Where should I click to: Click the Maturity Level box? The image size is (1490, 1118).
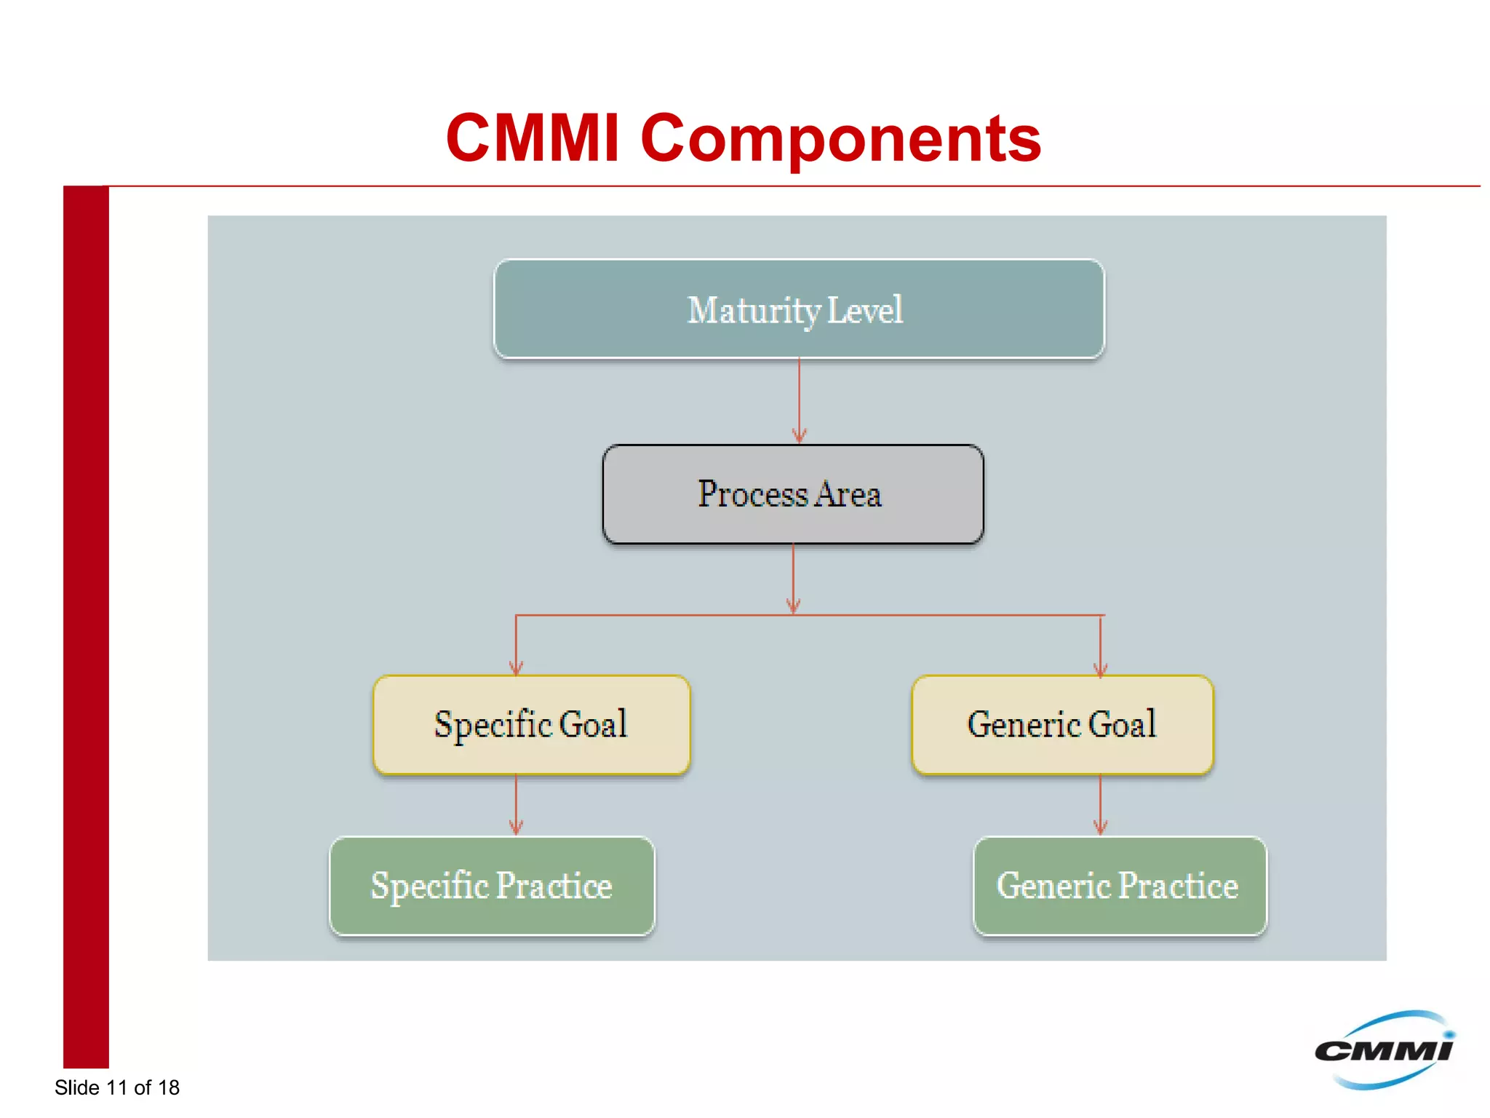tap(799, 309)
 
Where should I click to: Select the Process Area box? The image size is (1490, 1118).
tap(793, 494)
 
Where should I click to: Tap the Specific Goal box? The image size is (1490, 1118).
tap(531, 725)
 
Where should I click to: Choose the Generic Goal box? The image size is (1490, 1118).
tap(1062, 725)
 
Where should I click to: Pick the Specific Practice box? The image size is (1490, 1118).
tap(492, 886)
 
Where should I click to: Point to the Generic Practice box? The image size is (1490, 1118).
tap(1120, 886)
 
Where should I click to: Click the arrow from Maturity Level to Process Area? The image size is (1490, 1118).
tap(799, 400)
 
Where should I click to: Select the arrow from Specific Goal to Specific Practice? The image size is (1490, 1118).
tap(516, 804)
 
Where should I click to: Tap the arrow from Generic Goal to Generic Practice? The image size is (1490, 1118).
tap(1100, 804)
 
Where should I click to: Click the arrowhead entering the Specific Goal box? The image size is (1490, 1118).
tap(516, 667)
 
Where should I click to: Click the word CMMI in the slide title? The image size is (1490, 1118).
tap(532, 138)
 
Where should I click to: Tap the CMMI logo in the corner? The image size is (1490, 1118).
tap(1384, 1050)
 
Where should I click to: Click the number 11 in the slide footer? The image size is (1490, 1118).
tap(116, 1087)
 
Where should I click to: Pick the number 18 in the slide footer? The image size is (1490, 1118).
tap(168, 1087)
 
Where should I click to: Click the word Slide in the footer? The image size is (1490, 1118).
tap(77, 1087)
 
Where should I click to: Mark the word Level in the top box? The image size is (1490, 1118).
tap(865, 310)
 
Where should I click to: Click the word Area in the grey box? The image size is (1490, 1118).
tap(848, 495)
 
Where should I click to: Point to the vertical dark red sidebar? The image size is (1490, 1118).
tap(86, 626)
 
